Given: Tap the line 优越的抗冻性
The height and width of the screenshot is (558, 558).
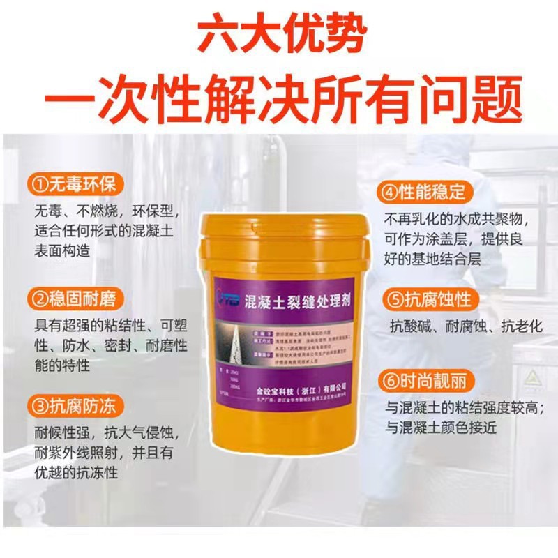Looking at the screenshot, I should (75, 472).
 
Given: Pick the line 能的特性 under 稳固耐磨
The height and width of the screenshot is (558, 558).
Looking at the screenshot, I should (61, 365).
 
